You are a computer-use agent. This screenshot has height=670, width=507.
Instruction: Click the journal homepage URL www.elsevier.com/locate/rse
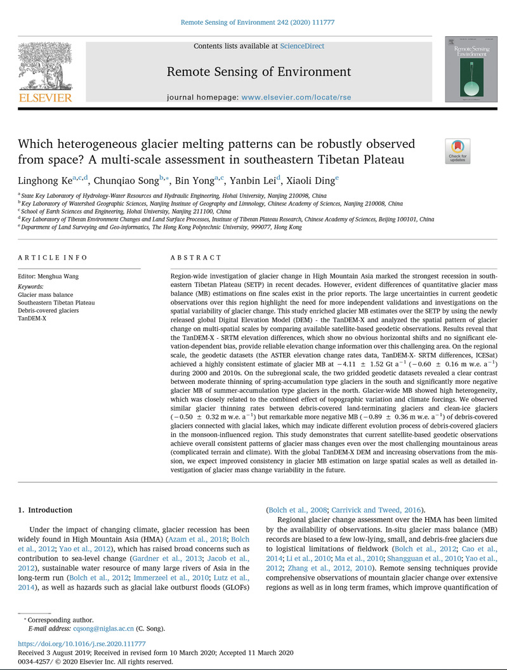point(296,98)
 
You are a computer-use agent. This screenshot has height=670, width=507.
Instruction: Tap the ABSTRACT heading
point(197,258)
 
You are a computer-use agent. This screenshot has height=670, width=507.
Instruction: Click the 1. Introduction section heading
point(45,509)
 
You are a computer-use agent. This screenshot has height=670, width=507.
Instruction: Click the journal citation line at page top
point(258,22)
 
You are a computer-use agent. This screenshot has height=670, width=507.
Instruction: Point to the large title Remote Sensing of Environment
point(258,72)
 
